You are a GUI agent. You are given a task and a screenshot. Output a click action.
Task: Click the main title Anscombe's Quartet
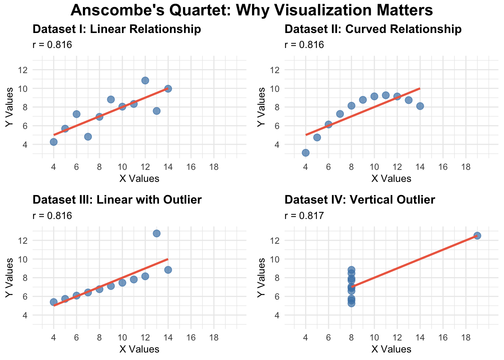tap(252, 10)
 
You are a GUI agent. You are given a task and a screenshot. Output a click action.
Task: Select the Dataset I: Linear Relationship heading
tap(117, 29)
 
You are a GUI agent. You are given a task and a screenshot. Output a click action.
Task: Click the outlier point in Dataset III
tap(157, 233)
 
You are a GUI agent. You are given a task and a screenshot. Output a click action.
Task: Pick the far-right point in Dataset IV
tap(477, 235)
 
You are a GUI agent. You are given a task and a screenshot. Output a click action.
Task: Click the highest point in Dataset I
tap(145, 80)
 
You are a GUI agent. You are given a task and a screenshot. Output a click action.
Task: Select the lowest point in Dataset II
tap(306, 153)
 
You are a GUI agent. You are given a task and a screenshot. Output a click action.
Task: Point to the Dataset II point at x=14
tap(420, 106)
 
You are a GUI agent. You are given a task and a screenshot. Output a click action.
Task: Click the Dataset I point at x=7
tap(88, 136)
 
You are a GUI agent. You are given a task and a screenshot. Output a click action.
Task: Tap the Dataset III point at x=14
tap(168, 270)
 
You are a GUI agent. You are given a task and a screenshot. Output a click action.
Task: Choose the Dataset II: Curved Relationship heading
tap(373, 29)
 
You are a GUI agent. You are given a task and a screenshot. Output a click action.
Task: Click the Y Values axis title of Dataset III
tap(10, 278)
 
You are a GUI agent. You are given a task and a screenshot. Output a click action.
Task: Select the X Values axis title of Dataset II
tap(391, 178)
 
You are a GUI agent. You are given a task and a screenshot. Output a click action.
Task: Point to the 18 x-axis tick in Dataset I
tap(214, 166)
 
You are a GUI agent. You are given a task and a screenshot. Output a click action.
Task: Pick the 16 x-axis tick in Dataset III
tap(191, 337)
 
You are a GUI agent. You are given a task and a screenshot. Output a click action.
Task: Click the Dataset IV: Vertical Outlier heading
tap(360, 200)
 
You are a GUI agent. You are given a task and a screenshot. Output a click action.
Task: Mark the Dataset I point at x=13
tap(157, 111)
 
